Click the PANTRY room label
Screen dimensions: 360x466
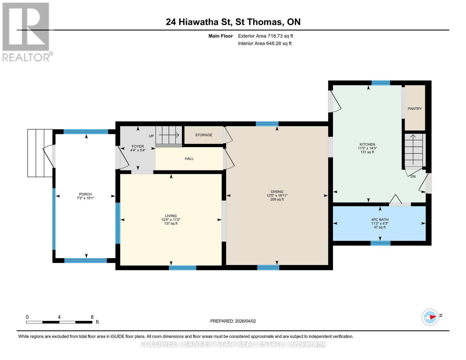[414, 109]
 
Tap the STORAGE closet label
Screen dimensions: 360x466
[203, 135]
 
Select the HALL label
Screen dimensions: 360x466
[189, 159]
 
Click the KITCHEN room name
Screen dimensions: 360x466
[367, 144]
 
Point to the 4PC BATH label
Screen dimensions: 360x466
[380, 220]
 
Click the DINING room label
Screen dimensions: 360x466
[277, 192]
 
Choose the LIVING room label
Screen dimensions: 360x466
[171, 216]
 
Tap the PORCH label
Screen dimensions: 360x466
[85, 194]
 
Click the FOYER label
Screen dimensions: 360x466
[138, 146]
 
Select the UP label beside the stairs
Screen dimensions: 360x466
[151, 136]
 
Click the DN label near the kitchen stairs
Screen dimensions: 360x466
[413, 176]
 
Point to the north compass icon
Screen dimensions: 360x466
[430, 317]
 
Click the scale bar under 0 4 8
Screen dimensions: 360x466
[59, 322]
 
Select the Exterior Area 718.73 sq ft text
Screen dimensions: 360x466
[265, 36]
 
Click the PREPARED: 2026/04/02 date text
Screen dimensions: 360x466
[233, 321]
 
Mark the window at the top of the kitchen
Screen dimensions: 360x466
[380, 83]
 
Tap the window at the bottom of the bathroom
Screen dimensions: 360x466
[380, 243]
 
